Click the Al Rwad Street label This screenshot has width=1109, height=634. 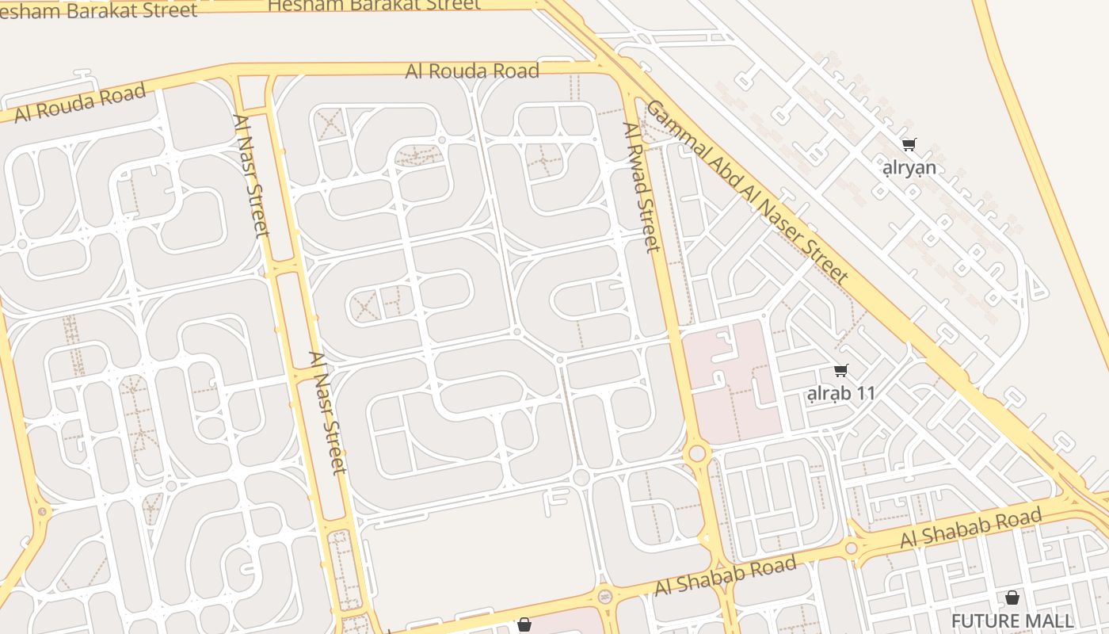[x=641, y=187]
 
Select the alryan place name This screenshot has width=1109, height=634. [x=909, y=168]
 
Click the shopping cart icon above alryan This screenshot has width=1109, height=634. [x=909, y=144]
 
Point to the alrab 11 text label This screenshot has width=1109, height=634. [x=840, y=393]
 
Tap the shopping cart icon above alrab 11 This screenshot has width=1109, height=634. [x=840, y=370]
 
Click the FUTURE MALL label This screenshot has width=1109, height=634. [x=1012, y=621]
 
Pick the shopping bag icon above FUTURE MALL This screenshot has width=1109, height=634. [x=1012, y=598]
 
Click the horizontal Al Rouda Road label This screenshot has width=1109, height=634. [x=472, y=71]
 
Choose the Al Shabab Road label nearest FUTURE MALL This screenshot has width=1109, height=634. [x=970, y=529]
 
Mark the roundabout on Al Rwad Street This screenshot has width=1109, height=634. [x=697, y=453]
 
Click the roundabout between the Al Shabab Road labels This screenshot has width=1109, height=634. [x=852, y=548]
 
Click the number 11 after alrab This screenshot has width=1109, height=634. [x=866, y=393]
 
